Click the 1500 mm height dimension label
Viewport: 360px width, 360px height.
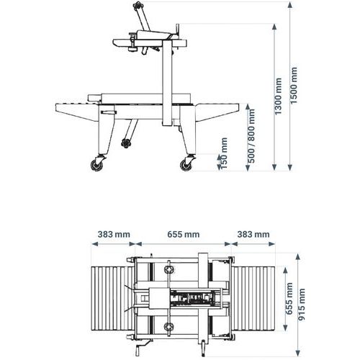[x=294, y=86]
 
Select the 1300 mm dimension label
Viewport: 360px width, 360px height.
[x=278, y=96]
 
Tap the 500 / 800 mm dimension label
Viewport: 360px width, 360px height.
[x=252, y=136]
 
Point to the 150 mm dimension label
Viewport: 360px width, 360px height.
[x=224, y=153]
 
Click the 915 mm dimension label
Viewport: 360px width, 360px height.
[x=302, y=305]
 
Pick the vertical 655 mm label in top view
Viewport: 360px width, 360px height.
[x=289, y=299]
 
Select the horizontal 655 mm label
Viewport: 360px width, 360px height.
[x=184, y=234]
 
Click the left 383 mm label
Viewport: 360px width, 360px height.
[x=114, y=234]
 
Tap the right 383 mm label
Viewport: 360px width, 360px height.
[x=253, y=234]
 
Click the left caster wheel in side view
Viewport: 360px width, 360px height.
[x=98, y=165]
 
